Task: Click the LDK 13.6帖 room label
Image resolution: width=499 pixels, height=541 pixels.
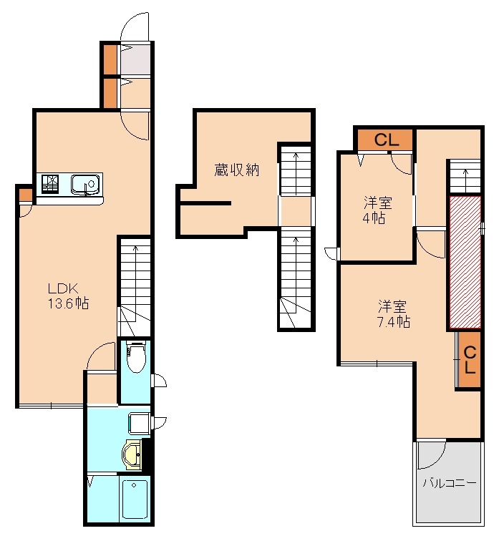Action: tap(68, 296)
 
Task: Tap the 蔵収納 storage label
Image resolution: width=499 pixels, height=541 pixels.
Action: tap(236, 170)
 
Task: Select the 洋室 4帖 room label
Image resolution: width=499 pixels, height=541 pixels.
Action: tap(377, 210)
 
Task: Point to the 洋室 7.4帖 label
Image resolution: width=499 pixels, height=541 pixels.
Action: tap(393, 313)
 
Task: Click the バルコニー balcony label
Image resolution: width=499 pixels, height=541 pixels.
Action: tap(450, 483)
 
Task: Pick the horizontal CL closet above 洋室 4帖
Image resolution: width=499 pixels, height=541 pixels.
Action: tap(385, 140)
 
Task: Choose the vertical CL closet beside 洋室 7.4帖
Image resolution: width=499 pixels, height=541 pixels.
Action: tap(470, 359)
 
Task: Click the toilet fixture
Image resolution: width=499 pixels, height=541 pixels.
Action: tap(135, 356)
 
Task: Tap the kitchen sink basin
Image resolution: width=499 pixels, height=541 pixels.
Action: tap(85, 185)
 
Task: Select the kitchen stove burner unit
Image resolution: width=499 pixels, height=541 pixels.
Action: tap(50, 183)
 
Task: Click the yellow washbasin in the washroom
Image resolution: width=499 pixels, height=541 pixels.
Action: tap(132, 454)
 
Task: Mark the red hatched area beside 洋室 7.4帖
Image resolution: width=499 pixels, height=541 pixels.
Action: tap(465, 262)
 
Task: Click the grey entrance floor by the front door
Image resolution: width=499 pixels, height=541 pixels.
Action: tap(135, 59)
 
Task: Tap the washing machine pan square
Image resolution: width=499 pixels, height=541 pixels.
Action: tap(139, 424)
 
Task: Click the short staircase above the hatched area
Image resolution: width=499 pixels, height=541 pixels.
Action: tap(465, 175)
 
